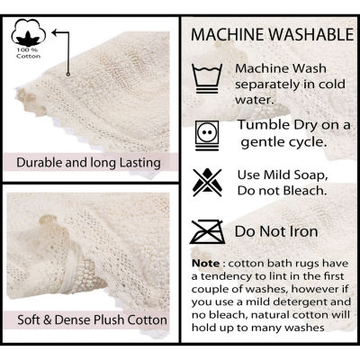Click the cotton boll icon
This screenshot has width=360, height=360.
click(29, 32)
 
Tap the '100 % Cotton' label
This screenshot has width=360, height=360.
click(29, 53)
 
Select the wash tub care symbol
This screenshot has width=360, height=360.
click(207, 78)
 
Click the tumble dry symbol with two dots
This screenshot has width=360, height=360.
click(207, 135)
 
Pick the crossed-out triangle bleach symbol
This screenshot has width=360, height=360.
click(207, 183)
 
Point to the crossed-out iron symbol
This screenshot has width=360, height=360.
click(208, 231)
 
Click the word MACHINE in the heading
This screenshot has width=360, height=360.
click(229, 34)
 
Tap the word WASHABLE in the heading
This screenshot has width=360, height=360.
click(311, 34)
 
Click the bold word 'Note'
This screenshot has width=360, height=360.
click(206, 264)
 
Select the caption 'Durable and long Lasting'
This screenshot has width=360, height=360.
click(88, 163)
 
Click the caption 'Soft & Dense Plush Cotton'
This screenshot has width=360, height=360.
click(92, 319)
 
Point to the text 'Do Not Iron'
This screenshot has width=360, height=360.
click(276, 231)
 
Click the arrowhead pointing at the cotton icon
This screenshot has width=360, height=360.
click(55, 32)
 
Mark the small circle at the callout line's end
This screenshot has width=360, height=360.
click(68, 74)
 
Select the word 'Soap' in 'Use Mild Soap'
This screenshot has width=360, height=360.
click(311, 175)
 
